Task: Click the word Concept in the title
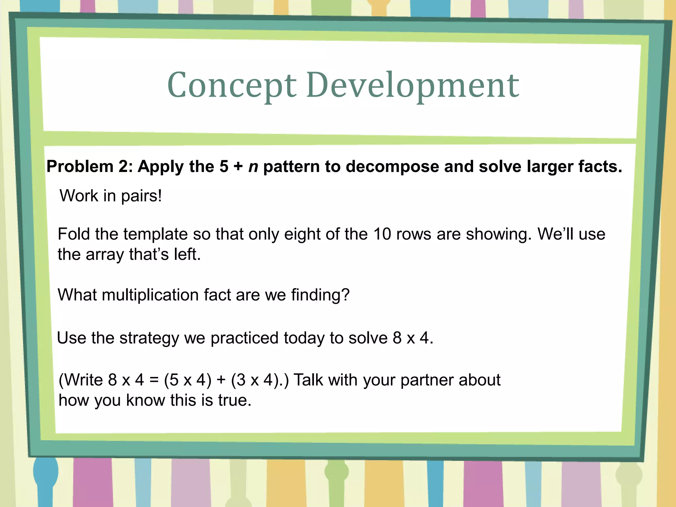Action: pyautogui.click(x=232, y=85)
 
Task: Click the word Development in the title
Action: pyautogui.click(x=413, y=85)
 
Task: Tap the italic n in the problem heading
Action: pyautogui.click(x=253, y=167)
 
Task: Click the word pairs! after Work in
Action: pyautogui.click(x=141, y=196)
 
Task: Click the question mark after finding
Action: pyautogui.click(x=345, y=295)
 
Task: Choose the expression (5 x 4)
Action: pyautogui.click(x=187, y=380)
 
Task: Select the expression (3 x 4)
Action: pyautogui.click(x=254, y=380)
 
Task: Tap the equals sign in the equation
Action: pyautogui.click(x=154, y=380)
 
